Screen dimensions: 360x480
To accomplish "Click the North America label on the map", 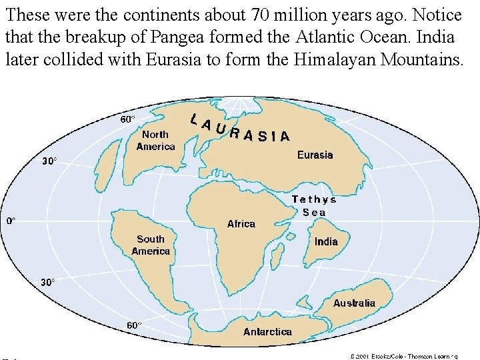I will click(155, 141).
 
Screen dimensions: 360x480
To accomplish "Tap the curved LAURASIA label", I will click(239, 129).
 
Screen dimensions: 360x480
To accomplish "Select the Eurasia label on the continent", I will click(315, 155).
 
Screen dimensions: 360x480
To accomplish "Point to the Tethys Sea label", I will click(314, 205).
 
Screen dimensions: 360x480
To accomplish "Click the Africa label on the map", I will click(241, 224).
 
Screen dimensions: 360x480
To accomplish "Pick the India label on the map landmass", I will click(326, 241).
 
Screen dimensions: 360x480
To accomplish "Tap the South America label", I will click(151, 245).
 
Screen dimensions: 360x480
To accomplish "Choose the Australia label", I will click(354, 303).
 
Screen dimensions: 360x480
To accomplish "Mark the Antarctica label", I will click(267, 331).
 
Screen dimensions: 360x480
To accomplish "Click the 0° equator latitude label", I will click(11, 220).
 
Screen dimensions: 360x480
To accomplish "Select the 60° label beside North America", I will click(127, 119).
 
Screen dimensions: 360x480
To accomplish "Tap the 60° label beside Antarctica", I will click(135, 325).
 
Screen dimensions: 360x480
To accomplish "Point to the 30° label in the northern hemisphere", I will click(50, 161).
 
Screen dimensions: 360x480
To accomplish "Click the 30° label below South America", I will click(48, 282).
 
